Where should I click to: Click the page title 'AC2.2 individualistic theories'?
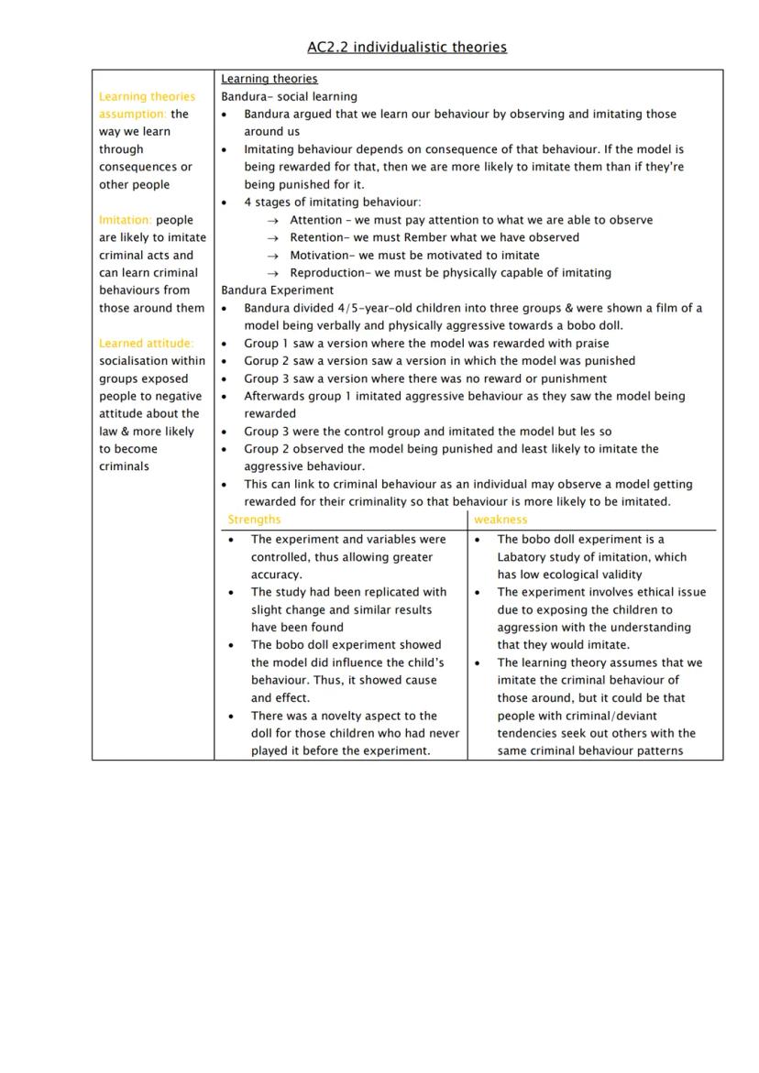coord(407,47)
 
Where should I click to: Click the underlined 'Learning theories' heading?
coord(269,79)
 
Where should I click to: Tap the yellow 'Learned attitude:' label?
coord(147,344)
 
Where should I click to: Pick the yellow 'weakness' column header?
coord(500,520)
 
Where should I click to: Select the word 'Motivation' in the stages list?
coord(319,256)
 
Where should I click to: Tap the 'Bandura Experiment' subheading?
coord(278,290)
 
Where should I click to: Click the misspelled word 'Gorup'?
coord(260,361)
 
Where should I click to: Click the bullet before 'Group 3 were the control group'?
coord(225,432)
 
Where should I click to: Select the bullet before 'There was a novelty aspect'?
coord(232,717)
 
